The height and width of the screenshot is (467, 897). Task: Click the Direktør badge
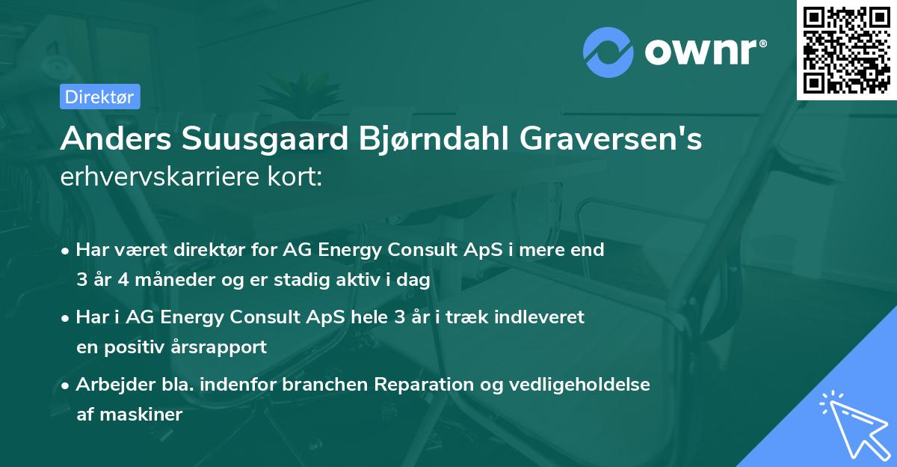pos(99,97)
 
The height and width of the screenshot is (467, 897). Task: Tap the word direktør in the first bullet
pos(200,250)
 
